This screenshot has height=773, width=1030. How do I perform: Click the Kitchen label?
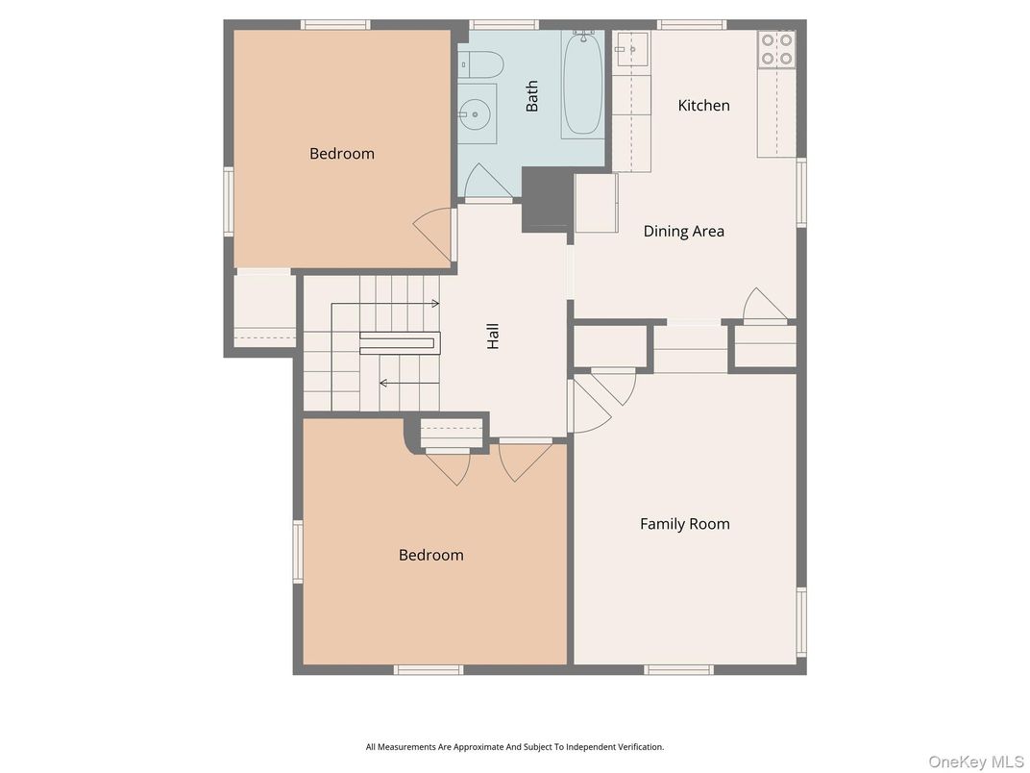click(x=703, y=105)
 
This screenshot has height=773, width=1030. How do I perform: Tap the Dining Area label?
click(x=684, y=231)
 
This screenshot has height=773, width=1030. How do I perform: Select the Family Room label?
click(x=684, y=524)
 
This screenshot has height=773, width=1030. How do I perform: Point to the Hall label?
click(x=493, y=336)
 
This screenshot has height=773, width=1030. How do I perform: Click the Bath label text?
click(x=531, y=96)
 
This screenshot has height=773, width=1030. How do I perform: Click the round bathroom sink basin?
click(x=475, y=114)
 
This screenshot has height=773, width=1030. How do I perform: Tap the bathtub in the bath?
click(x=582, y=85)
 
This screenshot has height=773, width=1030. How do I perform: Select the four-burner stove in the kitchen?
click(x=777, y=49)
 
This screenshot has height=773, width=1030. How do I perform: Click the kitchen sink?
click(x=631, y=49)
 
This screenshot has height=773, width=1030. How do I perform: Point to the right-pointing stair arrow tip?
click(x=439, y=304)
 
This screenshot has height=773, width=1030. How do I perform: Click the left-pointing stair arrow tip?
click(x=380, y=383)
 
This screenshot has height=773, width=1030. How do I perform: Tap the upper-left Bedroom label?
click(x=342, y=153)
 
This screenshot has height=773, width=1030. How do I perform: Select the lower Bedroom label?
click(x=430, y=555)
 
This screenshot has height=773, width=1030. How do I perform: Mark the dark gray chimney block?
click(x=548, y=198)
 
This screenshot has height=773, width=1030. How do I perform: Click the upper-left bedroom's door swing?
click(x=433, y=236)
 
